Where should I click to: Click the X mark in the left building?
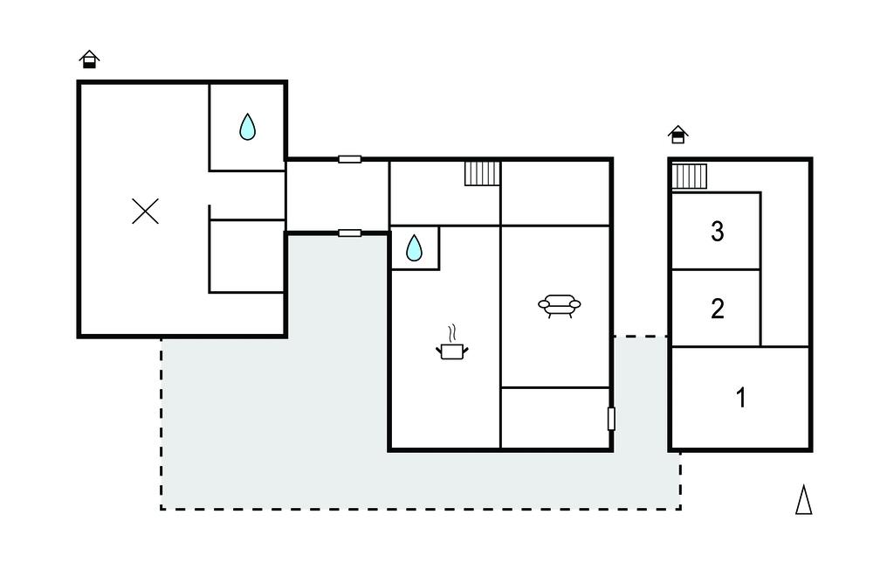point(146,211)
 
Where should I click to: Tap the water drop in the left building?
point(247,127)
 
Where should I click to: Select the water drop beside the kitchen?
point(414,248)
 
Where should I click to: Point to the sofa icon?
point(560,306)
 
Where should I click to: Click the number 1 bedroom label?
point(741,398)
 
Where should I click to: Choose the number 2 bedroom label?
point(718,309)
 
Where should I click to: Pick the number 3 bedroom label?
point(718,232)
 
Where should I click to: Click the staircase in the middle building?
point(482,173)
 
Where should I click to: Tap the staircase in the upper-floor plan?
point(690,176)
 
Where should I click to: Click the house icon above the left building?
point(90,59)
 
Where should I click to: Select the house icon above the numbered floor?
point(677,135)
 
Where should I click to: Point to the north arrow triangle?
point(804,499)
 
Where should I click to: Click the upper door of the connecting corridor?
point(349,159)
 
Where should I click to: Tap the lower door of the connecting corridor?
point(349,233)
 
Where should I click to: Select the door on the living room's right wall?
point(611,419)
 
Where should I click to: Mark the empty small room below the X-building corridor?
point(247,256)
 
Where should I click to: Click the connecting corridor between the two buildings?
point(337,196)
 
